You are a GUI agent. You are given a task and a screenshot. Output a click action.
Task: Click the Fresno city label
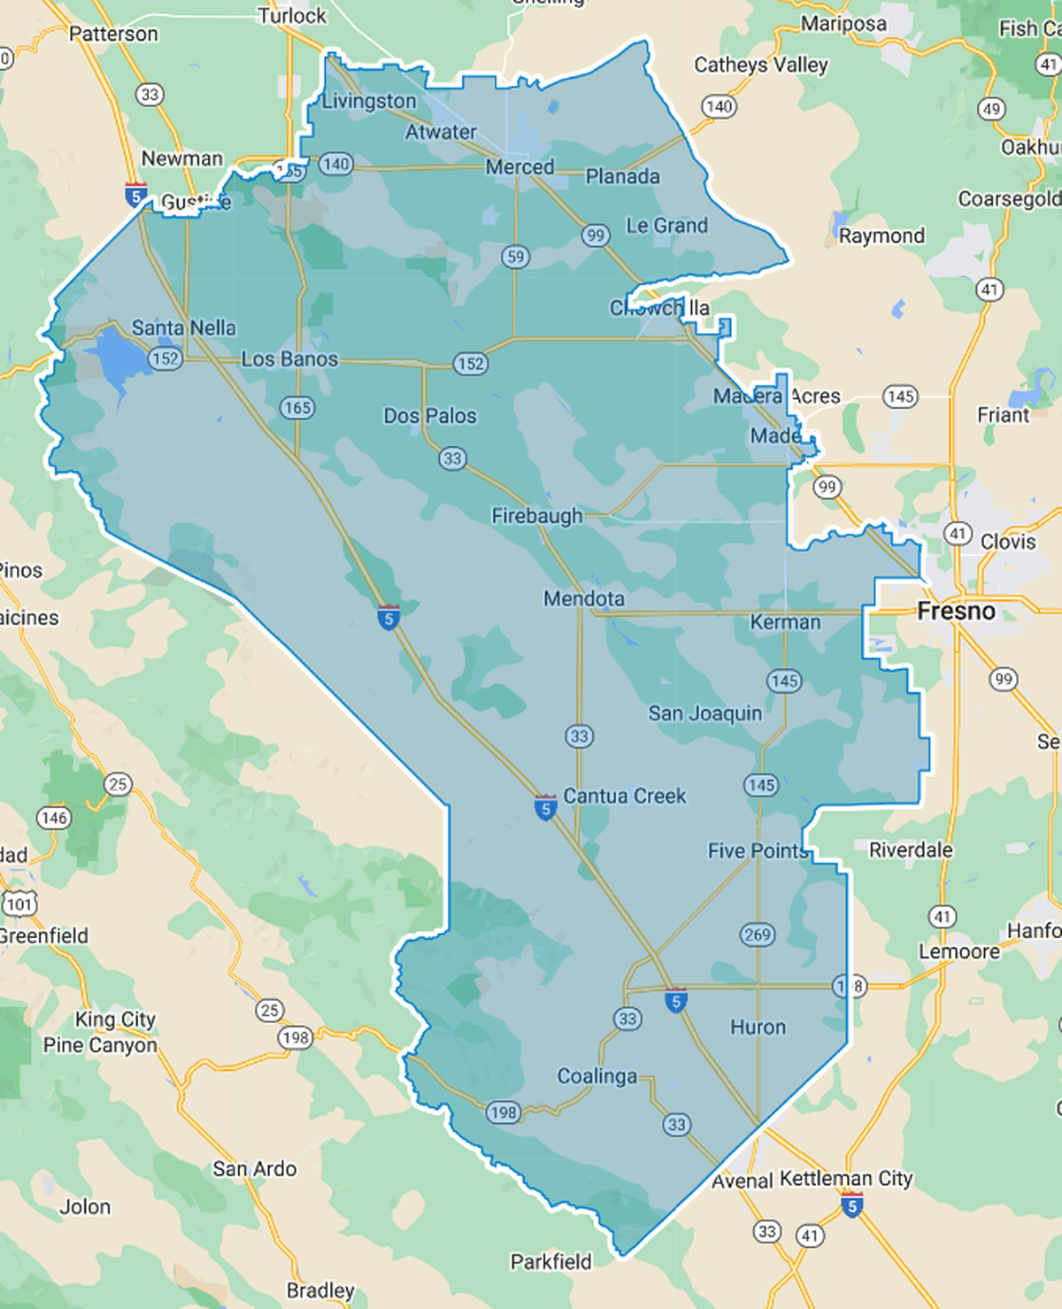point(956,612)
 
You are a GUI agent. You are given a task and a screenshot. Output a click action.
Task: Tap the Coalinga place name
point(596,1076)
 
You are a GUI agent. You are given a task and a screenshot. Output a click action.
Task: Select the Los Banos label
point(289,359)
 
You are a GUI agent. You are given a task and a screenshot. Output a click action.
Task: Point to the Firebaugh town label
point(537,516)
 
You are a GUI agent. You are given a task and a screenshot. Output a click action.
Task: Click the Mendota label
point(584,599)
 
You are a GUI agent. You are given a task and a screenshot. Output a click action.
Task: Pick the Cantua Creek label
point(624,797)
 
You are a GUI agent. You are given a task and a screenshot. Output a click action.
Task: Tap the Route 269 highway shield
point(758,935)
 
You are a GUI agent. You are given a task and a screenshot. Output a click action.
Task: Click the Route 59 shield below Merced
point(515,257)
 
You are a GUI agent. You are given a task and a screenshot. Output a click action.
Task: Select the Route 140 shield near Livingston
point(336,164)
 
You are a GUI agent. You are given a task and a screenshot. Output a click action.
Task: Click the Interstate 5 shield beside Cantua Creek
point(546,807)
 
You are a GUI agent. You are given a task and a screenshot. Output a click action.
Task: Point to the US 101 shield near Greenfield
point(19,904)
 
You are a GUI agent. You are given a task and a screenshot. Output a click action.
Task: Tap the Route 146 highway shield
point(54,818)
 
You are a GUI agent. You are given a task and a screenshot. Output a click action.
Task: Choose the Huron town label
point(758,1028)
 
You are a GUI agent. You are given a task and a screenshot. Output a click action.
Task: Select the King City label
point(115,1020)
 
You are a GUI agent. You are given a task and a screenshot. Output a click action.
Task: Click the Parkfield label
point(550,1262)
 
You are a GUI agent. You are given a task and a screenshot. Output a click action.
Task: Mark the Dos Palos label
point(429,416)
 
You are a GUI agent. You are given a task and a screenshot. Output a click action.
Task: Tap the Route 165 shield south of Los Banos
point(297,407)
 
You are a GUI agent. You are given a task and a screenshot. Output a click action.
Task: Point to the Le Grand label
point(666,226)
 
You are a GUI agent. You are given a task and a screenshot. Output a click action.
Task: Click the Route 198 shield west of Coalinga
point(503,1113)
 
